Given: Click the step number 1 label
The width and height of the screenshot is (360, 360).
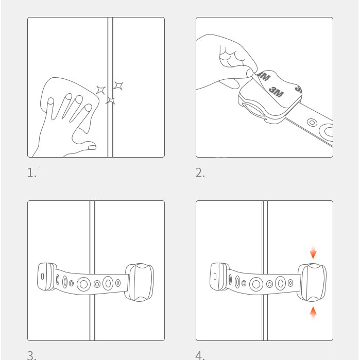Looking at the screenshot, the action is pos(32,173).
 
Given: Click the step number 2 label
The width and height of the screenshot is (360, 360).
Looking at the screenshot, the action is pos(200,173).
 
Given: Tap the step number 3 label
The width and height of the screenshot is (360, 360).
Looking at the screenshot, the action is pos(32,355).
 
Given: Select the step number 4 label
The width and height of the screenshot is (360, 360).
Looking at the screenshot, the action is pos(200,355).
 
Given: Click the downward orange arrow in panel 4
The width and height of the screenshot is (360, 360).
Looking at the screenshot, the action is pos(313,252).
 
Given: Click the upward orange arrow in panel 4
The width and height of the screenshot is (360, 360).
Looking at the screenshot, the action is pos(313,313).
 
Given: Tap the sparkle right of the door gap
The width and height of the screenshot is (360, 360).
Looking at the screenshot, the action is pos(118,85).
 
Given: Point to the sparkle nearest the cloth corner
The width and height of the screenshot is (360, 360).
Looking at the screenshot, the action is pos(100,90).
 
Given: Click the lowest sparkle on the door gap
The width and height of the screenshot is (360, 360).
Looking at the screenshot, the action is pos(111,100).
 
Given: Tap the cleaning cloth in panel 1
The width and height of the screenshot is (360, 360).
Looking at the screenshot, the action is pos(69,96).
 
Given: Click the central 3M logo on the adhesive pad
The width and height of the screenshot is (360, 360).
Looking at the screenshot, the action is pos(276,92).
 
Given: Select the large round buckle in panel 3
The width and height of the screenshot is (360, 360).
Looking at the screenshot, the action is pos(140,282).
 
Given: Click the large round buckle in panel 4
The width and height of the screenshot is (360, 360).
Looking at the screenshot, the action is pos(312,282).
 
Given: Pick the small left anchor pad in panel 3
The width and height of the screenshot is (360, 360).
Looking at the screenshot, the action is pos(46,277).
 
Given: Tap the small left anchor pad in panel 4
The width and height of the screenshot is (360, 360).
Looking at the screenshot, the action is pos(219,277).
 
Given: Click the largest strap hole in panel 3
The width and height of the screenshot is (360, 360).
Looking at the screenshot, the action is pos(83,284).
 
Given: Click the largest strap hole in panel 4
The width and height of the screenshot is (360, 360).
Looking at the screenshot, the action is pos(256,284).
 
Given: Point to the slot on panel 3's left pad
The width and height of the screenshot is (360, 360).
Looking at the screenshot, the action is pos(42,276).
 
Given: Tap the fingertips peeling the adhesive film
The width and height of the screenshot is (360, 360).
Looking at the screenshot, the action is pos(250,73).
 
